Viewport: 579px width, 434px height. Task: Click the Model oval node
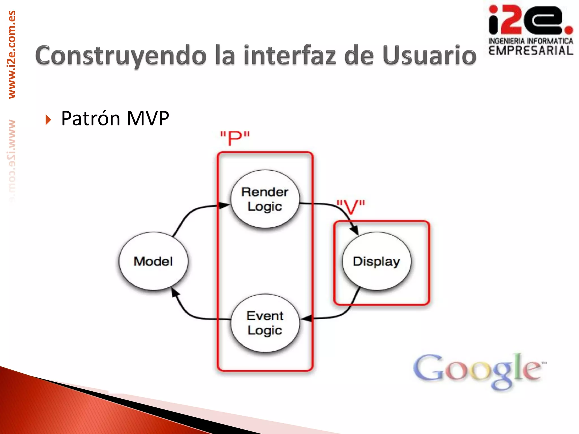(153, 261)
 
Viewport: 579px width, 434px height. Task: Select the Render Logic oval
(265, 199)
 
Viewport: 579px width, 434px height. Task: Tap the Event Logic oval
(265, 323)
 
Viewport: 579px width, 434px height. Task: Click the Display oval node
(377, 261)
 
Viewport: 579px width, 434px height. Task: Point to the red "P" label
(235, 138)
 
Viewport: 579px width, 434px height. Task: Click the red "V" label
(351, 207)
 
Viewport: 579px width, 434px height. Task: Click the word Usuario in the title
(429, 56)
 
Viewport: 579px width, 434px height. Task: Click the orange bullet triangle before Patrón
(48, 120)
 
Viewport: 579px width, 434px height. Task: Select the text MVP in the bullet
(148, 118)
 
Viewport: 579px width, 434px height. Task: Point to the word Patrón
(91, 118)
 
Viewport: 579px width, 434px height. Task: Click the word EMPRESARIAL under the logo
(531, 51)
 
